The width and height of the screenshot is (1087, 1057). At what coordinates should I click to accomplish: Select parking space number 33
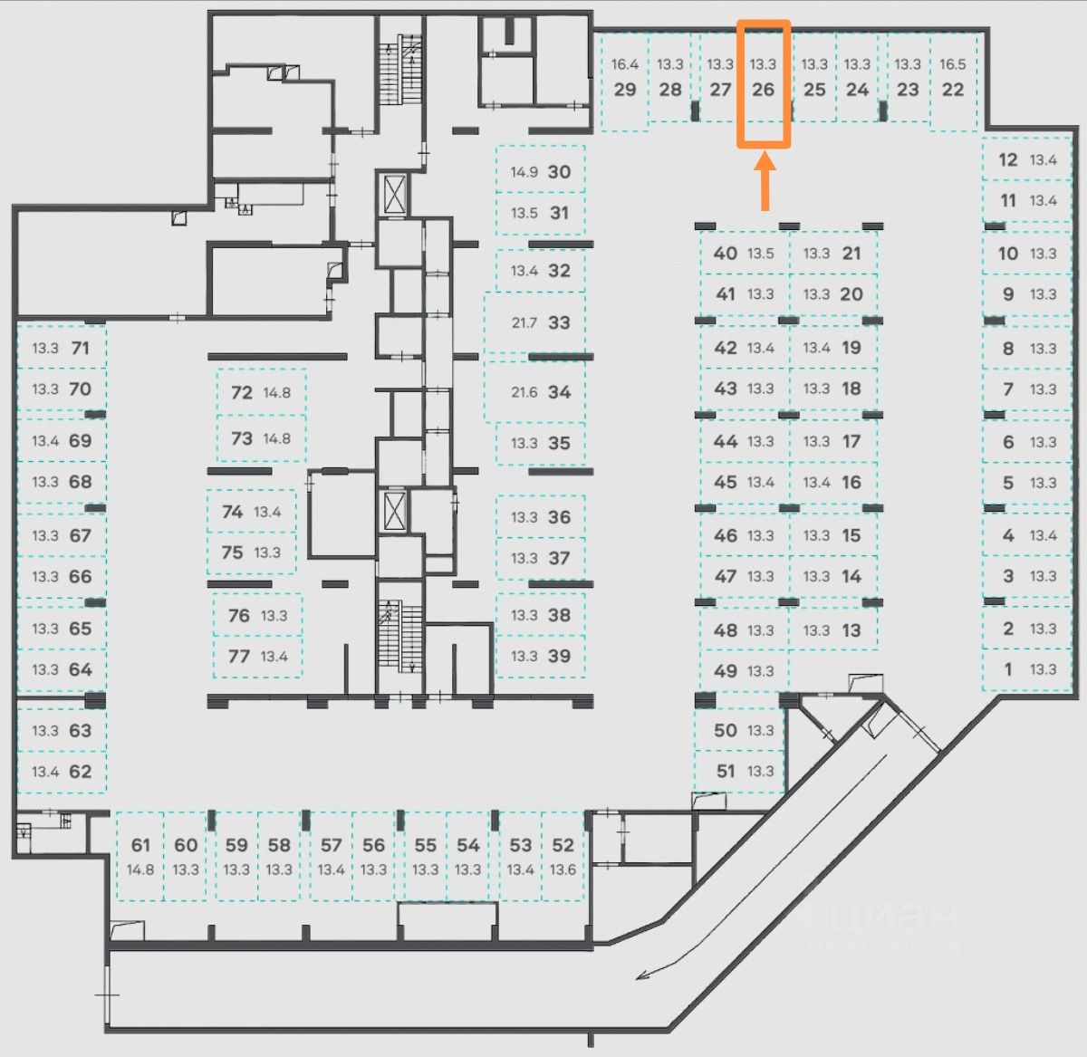pos(559,322)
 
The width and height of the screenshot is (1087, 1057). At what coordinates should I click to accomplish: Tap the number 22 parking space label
pos(953,89)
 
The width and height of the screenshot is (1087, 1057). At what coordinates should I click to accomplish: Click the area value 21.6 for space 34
pos(524,392)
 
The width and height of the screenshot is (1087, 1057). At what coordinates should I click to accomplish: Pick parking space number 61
pos(140,845)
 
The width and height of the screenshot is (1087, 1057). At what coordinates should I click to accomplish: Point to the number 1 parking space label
pos(1008,669)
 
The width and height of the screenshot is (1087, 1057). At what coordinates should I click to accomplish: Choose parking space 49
pos(726,670)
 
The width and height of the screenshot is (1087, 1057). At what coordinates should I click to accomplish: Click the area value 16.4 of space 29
pos(624,64)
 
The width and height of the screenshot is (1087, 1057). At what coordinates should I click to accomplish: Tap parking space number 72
pos(242,392)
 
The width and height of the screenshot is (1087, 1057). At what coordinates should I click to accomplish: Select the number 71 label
pos(81,348)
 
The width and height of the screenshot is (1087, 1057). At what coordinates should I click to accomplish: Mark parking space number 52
pos(563,845)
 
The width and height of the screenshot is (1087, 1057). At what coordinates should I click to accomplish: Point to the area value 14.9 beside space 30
pos(524,171)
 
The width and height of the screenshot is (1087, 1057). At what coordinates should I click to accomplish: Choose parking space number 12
pos(1008,159)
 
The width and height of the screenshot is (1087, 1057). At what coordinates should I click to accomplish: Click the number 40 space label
pos(726,254)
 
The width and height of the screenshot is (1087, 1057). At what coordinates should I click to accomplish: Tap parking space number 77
pos(239,656)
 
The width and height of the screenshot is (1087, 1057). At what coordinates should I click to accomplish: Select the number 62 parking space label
pos(81,772)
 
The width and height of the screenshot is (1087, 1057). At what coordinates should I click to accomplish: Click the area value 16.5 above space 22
pos(953,64)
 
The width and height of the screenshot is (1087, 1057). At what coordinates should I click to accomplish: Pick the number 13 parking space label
pos(851,630)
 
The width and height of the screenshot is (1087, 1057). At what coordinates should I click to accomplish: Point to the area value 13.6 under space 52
pos(563,870)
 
